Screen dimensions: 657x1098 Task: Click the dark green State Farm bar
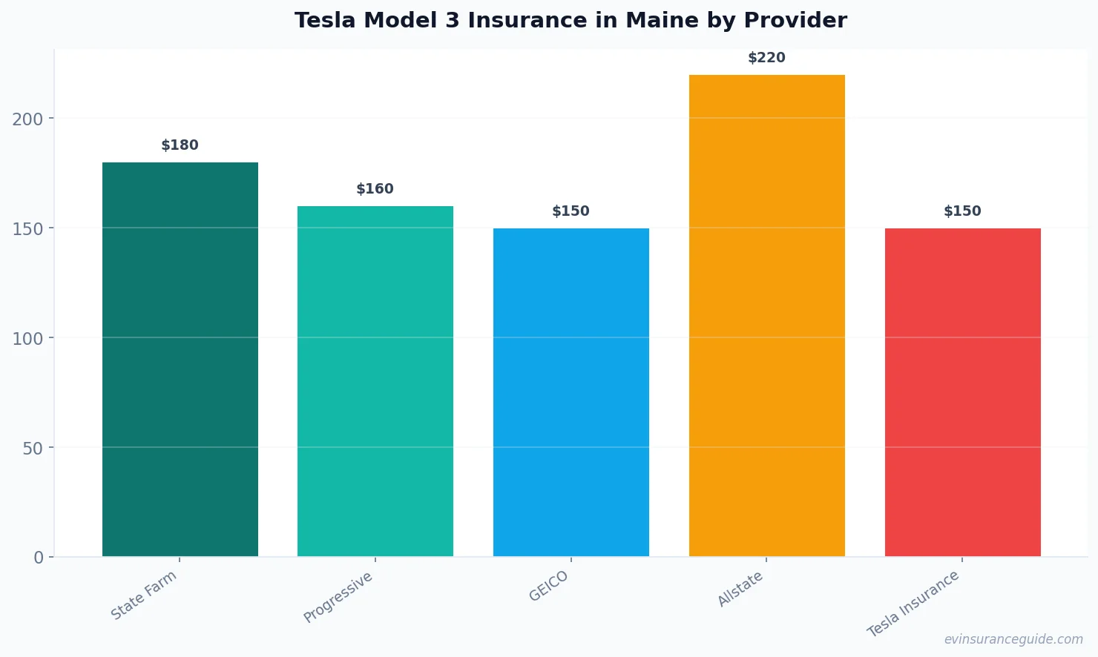coord(180,360)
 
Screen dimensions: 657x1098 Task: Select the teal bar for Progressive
coord(375,381)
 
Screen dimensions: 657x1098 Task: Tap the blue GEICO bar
coord(571,392)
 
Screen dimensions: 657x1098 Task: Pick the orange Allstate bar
coord(766,315)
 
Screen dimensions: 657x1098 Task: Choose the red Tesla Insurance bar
coord(962,392)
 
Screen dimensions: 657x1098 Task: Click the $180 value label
coord(180,145)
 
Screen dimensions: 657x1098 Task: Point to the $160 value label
coord(375,189)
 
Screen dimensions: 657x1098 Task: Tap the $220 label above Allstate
coord(766,58)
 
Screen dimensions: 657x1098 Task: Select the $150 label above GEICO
coord(571,211)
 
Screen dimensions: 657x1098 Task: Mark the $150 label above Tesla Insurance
coord(962,211)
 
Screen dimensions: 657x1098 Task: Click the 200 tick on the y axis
coord(27,119)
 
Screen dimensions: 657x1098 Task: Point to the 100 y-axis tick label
coord(27,338)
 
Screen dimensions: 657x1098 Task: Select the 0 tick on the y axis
coord(39,558)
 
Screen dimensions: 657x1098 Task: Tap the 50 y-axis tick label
coord(33,448)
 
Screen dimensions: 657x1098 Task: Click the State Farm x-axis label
coord(144,595)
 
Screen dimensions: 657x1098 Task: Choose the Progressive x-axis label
coord(338,597)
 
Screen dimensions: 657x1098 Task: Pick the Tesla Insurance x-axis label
coord(913,604)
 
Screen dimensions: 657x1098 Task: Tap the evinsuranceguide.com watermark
coord(1013,639)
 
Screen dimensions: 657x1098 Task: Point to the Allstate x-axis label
coord(740,590)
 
